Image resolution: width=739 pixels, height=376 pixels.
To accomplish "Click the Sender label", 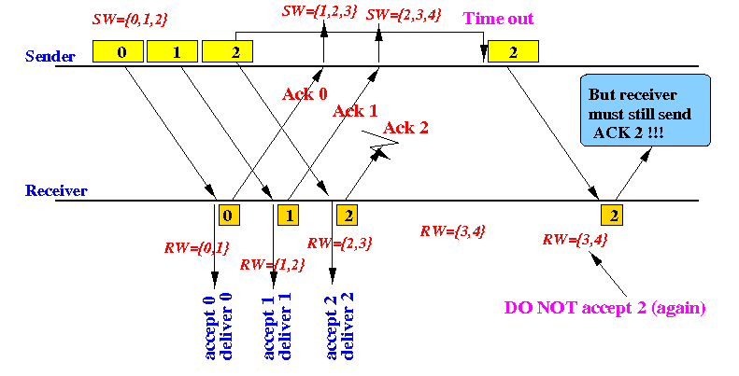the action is pyautogui.click(x=50, y=56).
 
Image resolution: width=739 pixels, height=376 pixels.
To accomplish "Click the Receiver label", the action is pyautogui.click(x=56, y=190).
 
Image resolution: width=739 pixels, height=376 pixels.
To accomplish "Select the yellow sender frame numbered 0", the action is pyautogui.click(x=118, y=51).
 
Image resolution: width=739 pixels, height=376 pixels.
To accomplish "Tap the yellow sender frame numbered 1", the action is pyautogui.click(x=172, y=51).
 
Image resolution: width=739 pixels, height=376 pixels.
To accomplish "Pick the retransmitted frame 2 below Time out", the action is pyautogui.click(x=513, y=51).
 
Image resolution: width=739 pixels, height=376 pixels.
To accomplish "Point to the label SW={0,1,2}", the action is pyautogui.click(x=130, y=20).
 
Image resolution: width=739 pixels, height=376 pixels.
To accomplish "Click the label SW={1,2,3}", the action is pyautogui.click(x=320, y=11).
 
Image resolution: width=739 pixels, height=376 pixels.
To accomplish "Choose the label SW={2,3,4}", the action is pyautogui.click(x=404, y=14).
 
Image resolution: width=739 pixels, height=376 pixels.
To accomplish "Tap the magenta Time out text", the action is pyautogui.click(x=498, y=19).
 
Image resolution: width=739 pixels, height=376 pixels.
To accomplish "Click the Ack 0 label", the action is pyautogui.click(x=305, y=94).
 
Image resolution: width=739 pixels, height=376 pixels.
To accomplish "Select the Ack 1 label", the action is pyautogui.click(x=355, y=111).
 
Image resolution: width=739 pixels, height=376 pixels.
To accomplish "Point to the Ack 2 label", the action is pyautogui.click(x=405, y=128).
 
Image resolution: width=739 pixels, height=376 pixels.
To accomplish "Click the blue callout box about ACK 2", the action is pyautogui.click(x=646, y=110).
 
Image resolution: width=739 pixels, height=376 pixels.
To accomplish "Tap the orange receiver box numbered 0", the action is pyautogui.click(x=229, y=216).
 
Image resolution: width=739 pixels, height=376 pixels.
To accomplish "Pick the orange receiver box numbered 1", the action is pyautogui.click(x=288, y=216).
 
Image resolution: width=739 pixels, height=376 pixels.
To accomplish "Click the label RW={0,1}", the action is pyautogui.click(x=196, y=247).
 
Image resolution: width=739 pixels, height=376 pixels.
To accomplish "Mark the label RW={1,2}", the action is pyautogui.click(x=273, y=264).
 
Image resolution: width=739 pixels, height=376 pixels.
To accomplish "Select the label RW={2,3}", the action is pyautogui.click(x=340, y=243).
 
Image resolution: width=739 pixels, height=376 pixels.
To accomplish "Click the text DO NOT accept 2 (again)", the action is pyautogui.click(x=604, y=307).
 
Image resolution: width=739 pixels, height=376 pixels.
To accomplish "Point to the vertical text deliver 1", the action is pyautogui.click(x=285, y=327).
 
